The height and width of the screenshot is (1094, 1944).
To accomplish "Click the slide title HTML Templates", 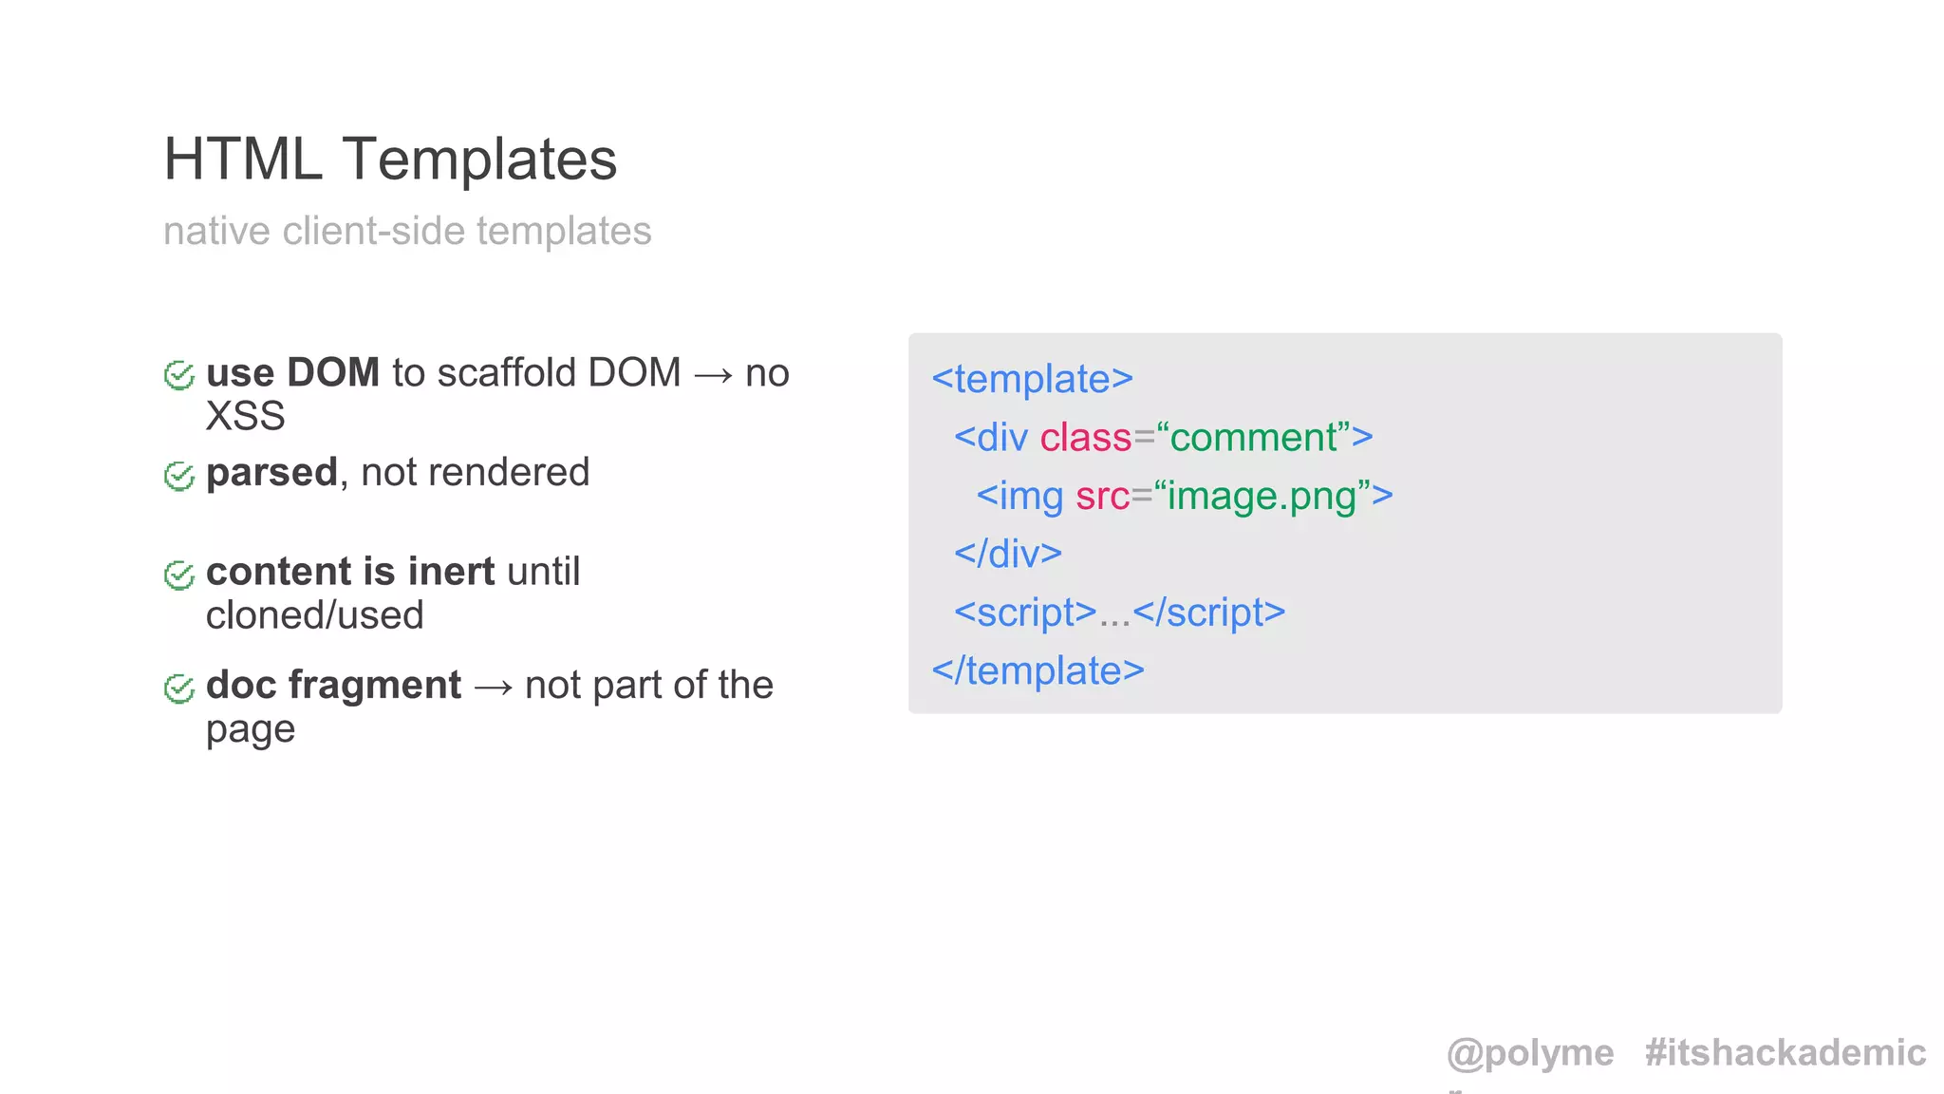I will pos(390,159).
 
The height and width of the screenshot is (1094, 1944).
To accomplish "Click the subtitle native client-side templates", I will pos(407,231).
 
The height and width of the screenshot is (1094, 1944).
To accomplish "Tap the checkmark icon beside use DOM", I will pos(178,375).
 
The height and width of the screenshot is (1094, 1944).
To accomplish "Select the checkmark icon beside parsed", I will pos(178,475).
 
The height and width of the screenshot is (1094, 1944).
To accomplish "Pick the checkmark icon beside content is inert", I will pos(178,575).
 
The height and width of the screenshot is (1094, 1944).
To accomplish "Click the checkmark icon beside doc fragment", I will pos(178,688).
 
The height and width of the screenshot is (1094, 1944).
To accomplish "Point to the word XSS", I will pos(245,416).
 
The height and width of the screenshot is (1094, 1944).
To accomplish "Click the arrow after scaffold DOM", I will pos(713,374).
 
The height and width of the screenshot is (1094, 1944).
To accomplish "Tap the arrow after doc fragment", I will pos(493,687).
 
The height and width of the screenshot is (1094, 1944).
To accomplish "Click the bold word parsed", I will pos(271,472).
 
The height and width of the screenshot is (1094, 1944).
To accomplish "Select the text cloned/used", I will pos(314,615).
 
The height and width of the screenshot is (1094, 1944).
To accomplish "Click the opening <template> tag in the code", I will pos(1032,379).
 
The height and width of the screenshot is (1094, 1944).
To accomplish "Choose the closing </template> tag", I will pos(1037,670).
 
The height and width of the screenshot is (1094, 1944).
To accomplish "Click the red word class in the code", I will pos(1085,438).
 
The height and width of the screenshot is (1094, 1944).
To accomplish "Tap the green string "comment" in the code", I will pos(1254,438).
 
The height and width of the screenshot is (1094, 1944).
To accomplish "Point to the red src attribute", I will pos(1102,496).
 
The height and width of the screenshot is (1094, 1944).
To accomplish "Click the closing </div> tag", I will pos(1007,554).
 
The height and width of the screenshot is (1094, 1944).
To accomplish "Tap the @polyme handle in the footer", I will pos(1529,1053).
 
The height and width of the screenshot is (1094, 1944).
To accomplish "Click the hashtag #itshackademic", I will pos(1785,1053).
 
